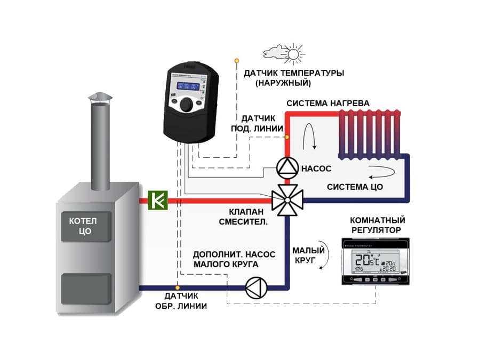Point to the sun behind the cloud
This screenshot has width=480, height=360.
coord(293,53)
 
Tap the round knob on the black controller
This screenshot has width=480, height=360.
coord(188,105)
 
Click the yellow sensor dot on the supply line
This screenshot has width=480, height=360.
coord(287,137)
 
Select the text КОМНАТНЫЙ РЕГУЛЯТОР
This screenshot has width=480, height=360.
coord(377,225)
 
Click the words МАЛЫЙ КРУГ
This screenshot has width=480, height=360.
coord(304,255)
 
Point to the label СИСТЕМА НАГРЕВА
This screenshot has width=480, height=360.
coord(327,103)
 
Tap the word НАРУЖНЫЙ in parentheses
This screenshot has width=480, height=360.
coord(283,84)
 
